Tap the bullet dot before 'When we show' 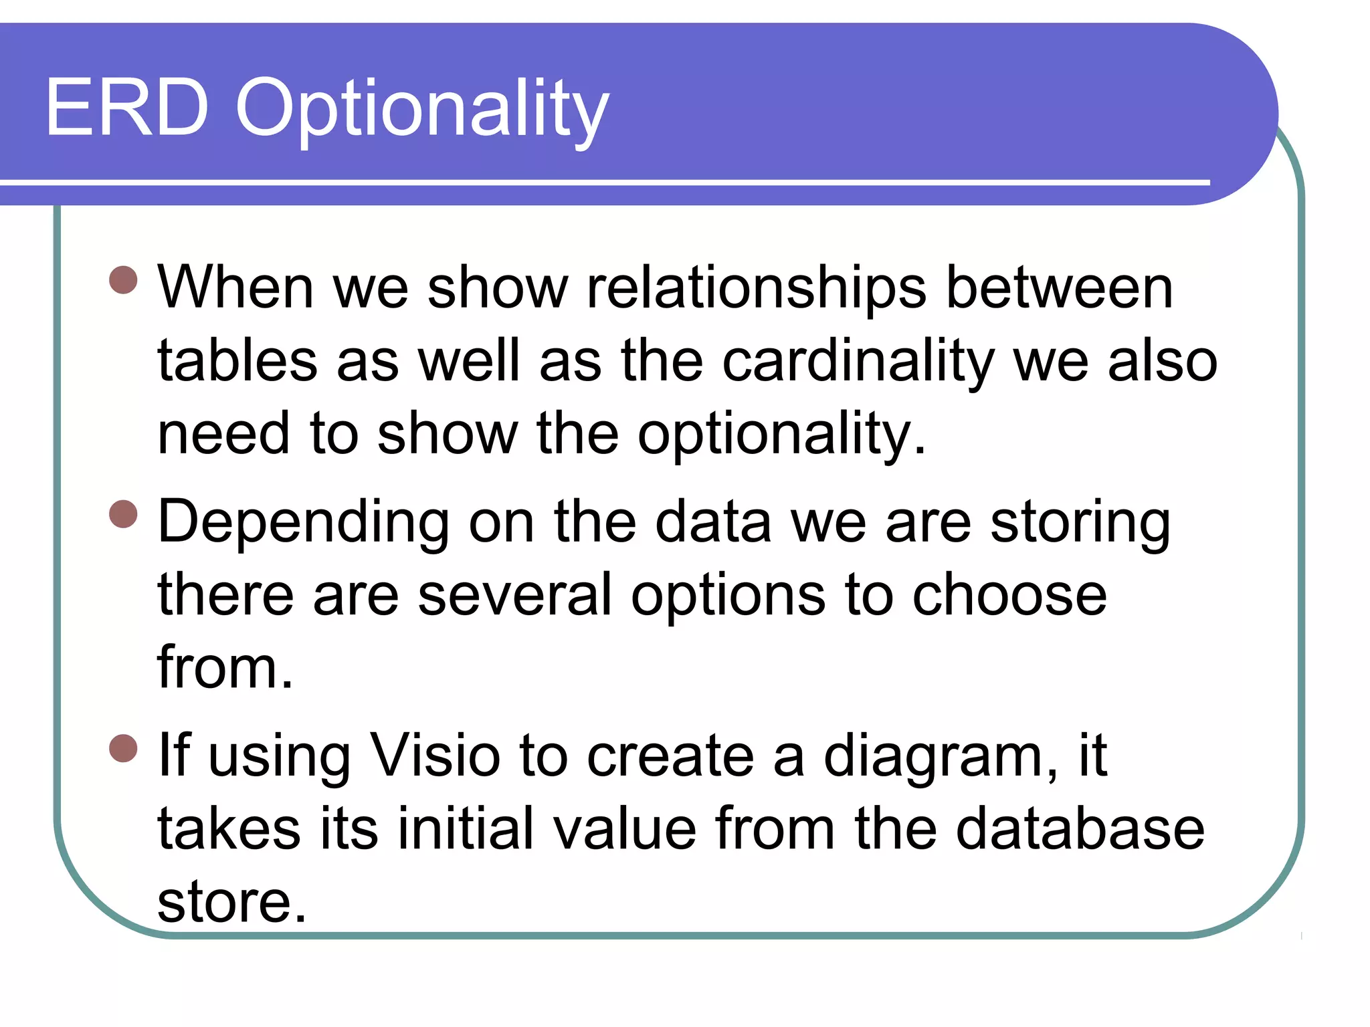123,280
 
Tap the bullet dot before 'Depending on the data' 123,514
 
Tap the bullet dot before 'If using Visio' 123,748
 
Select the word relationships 756,289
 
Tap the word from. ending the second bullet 225,668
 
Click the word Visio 435,757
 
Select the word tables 237,362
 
